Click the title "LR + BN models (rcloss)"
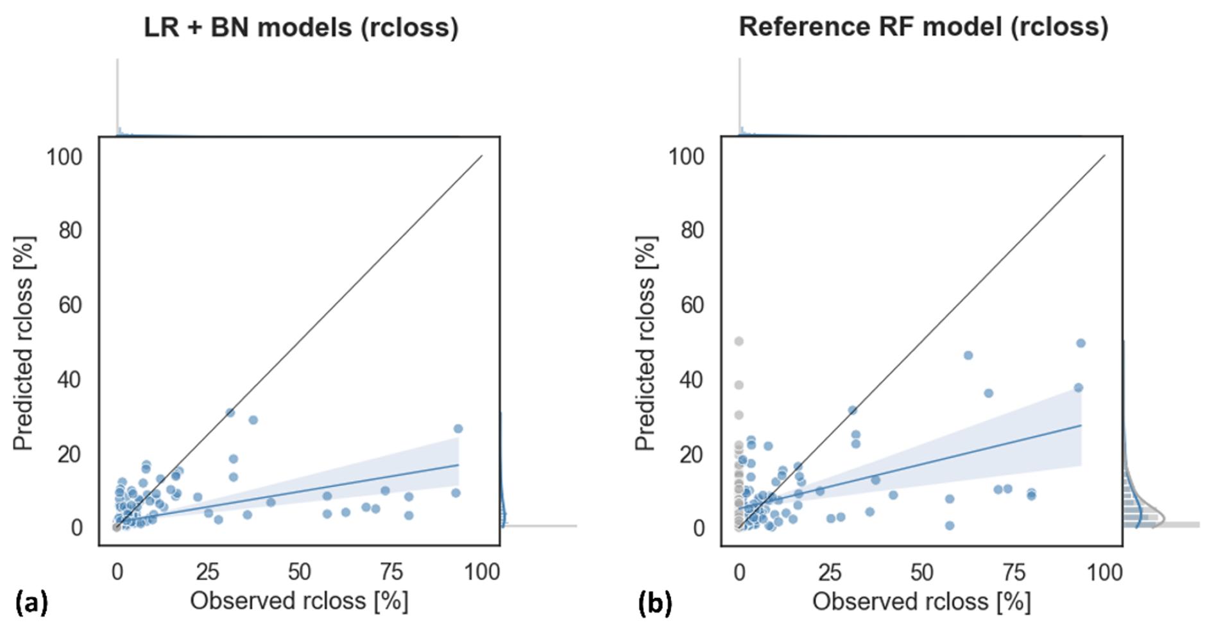click(x=301, y=28)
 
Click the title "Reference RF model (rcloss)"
click(x=923, y=27)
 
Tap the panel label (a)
click(x=31, y=603)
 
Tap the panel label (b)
click(x=654, y=603)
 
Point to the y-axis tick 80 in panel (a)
click(x=71, y=230)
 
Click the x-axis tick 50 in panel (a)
click(x=299, y=572)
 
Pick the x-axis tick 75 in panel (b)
click(x=1013, y=572)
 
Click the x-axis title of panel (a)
click(x=299, y=602)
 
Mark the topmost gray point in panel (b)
click(x=739, y=341)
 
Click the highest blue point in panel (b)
click(x=1081, y=343)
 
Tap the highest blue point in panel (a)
click(x=230, y=413)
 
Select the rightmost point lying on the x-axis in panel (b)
click(x=950, y=525)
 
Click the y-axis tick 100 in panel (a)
click(x=64, y=157)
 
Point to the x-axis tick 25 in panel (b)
click(x=830, y=572)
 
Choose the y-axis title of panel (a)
click(x=23, y=343)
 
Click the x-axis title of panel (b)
click(x=921, y=602)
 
